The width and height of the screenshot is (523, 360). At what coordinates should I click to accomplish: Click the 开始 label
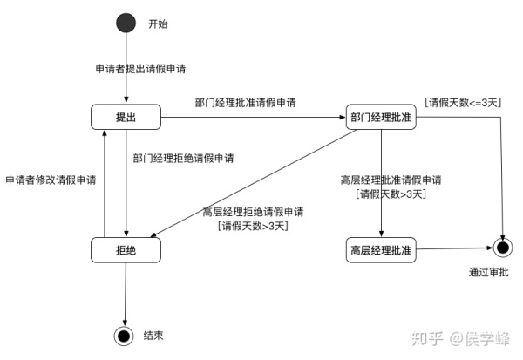157,24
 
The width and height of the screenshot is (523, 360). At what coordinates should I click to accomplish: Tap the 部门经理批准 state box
382,118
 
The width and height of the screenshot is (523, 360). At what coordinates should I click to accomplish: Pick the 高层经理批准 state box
381,250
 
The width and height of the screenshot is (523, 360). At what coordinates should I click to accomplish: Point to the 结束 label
153,335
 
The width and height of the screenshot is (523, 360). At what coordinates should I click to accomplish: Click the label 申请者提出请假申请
139,68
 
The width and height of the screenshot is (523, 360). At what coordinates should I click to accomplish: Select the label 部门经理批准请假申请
245,103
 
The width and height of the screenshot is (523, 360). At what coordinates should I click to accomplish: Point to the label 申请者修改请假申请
51,180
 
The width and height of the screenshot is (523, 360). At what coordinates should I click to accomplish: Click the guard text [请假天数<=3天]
463,103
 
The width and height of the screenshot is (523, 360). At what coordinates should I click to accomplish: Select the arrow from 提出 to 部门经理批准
253,118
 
